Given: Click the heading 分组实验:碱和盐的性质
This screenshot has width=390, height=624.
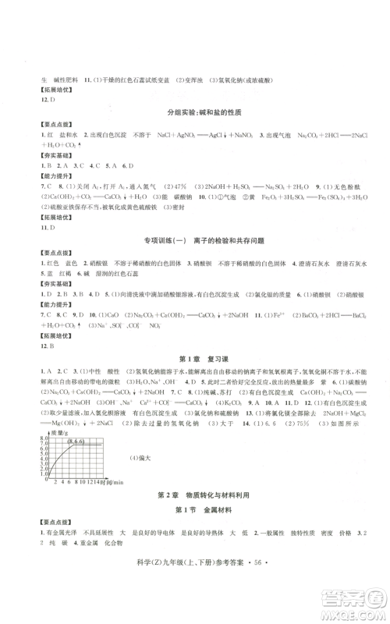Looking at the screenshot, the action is coord(194,113).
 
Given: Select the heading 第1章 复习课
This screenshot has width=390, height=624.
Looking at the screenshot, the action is coord(194,359).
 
